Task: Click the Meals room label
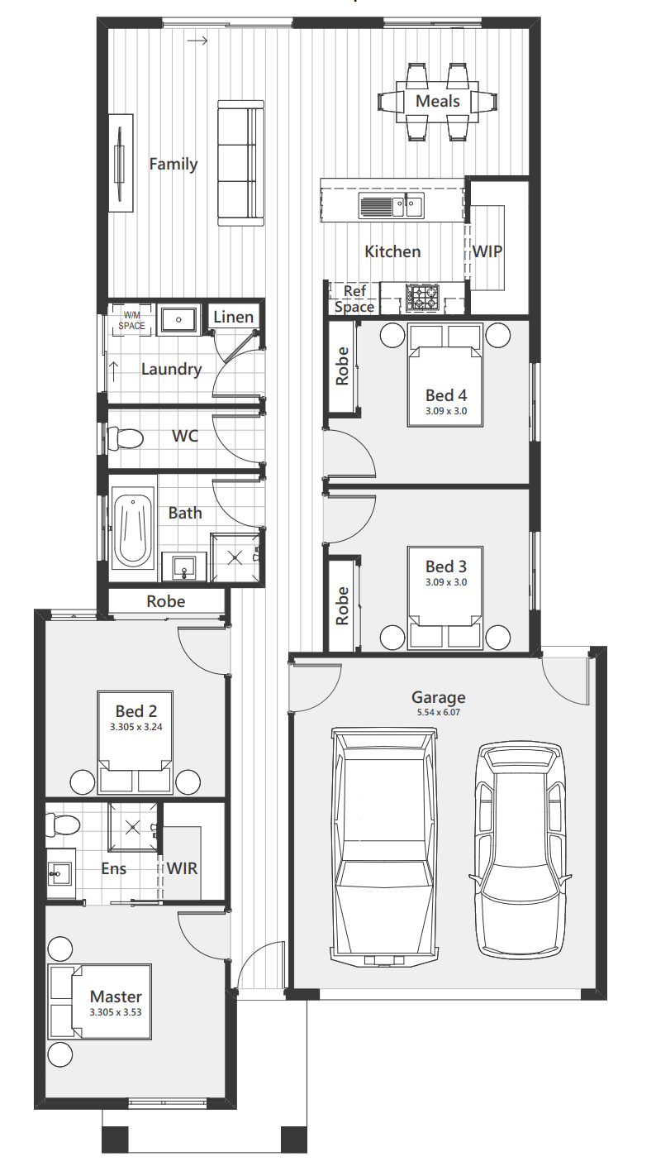point(438,101)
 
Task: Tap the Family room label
point(174,164)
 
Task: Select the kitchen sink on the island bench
point(391,204)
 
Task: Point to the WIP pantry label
point(487,251)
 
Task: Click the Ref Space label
point(354,299)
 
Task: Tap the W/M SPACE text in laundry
point(131,321)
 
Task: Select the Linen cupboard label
point(234,317)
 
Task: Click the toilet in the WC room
point(126,437)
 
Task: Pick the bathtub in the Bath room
point(133,528)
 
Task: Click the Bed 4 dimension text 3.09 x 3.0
point(446,411)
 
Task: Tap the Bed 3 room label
point(446,566)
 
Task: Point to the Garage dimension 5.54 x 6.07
point(439,712)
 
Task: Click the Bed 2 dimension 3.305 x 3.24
point(136,727)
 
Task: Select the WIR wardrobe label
point(183,868)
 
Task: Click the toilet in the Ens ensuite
point(62,824)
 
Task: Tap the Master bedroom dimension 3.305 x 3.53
point(116,1012)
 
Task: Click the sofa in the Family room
point(240,164)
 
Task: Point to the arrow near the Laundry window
point(113,370)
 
